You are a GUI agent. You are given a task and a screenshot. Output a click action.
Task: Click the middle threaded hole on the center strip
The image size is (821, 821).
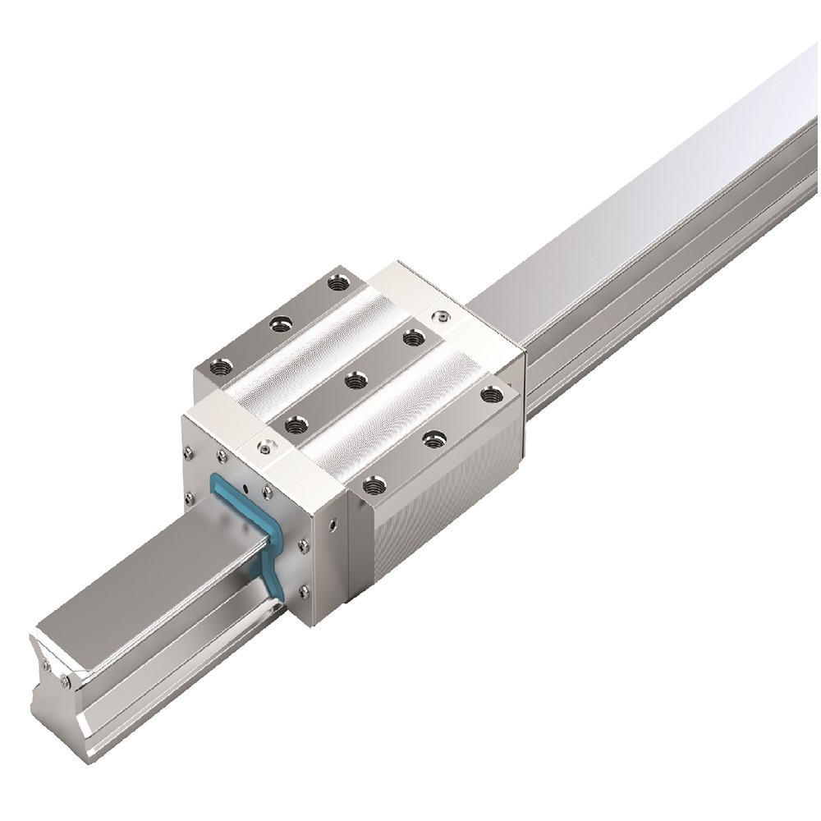tap(355, 380)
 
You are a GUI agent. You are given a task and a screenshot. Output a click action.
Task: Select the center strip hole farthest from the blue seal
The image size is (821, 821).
tap(410, 337)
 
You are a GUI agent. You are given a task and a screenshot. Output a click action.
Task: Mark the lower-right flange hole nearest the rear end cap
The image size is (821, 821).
tap(492, 395)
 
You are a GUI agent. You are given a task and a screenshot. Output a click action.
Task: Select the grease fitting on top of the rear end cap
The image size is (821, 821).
tap(443, 314)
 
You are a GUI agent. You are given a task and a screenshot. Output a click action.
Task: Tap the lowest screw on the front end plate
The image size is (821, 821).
tap(305, 590)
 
